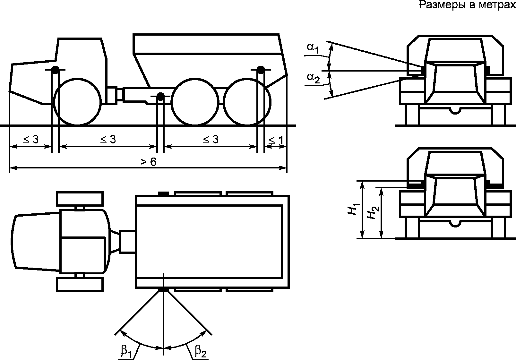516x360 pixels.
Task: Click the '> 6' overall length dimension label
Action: coord(149,162)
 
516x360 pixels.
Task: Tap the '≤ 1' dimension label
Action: coord(276,140)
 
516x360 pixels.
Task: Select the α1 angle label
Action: coord(313,48)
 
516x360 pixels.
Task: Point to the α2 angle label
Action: coord(313,78)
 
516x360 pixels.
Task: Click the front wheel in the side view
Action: coord(77,102)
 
